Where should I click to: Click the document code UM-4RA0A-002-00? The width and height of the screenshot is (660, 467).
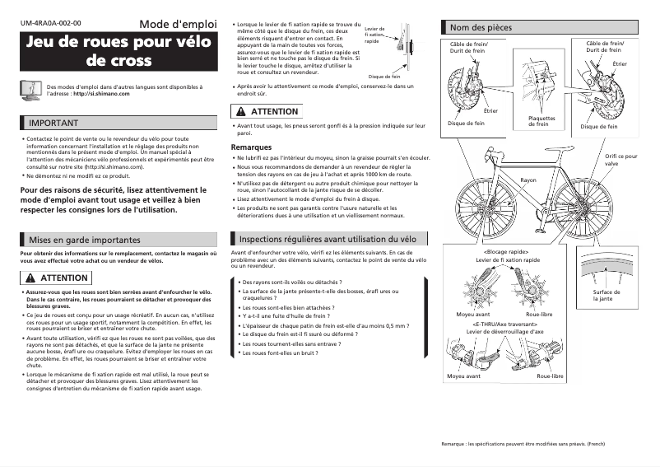click(50, 25)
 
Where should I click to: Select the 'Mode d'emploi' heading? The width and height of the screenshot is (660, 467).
click(177, 24)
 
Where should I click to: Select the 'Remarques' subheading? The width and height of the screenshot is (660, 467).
click(251, 147)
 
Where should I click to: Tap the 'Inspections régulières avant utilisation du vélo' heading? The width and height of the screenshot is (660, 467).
click(327, 239)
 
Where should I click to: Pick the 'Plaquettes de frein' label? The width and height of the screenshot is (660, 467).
click(541, 121)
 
